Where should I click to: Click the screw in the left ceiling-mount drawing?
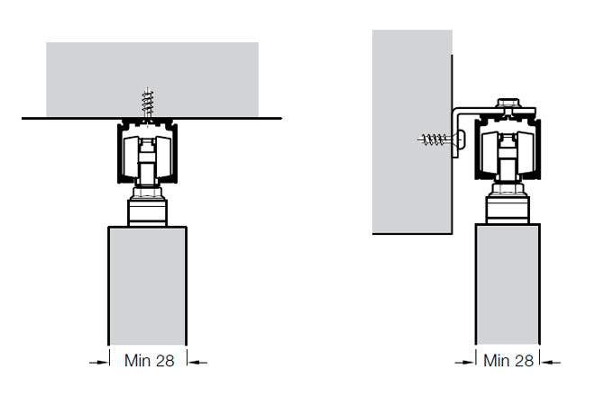point(148,103)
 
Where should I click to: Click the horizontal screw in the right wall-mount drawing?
point(439,139)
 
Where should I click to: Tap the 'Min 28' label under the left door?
point(149,360)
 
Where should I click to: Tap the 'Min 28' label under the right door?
point(508,360)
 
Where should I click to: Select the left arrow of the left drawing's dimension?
point(98,363)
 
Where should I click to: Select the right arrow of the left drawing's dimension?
point(197,363)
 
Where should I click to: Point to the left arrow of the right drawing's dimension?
point(465,363)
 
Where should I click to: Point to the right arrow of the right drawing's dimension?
point(551,363)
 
